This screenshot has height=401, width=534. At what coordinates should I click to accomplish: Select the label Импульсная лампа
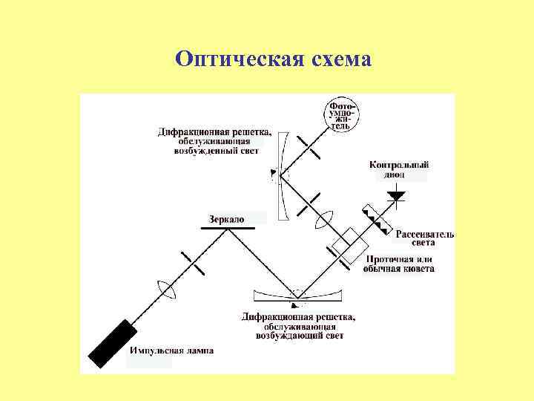171,351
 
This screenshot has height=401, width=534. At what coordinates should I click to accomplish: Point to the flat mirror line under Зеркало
226,227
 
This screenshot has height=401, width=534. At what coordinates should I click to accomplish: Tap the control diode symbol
396,197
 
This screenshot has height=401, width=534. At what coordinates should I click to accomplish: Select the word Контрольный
399,165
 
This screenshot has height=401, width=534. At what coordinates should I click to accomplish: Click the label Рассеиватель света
424,238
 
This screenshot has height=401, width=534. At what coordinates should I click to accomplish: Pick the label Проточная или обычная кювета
398,264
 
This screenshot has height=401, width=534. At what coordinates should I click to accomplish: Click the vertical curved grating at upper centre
277,176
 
